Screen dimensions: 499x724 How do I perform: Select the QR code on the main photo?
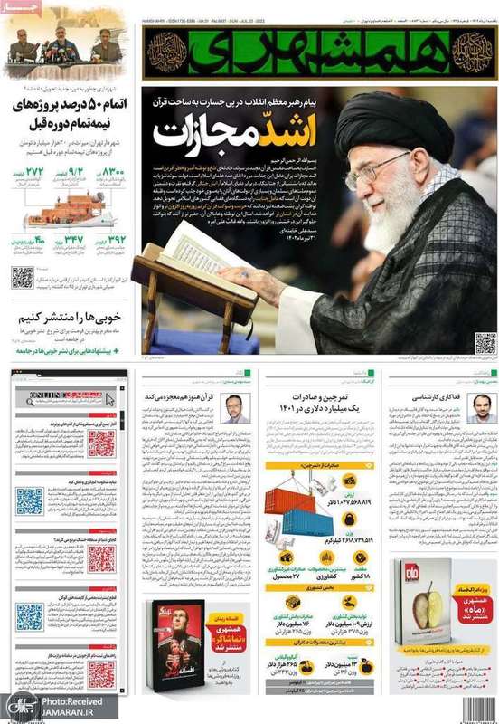click(485, 343)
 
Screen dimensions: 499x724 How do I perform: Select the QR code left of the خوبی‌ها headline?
click(23, 278)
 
